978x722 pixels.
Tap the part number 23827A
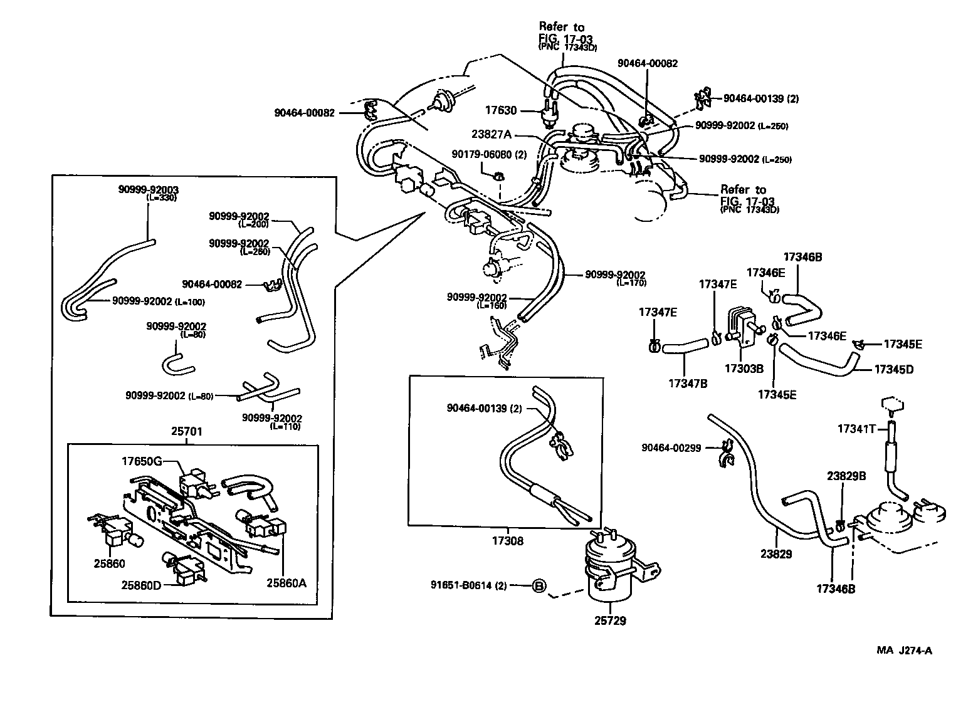pyautogui.click(x=492, y=133)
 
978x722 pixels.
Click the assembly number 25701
pyautogui.click(x=186, y=431)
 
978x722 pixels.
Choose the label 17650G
pyautogui.click(x=142, y=461)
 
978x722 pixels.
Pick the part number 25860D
pyautogui.click(x=142, y=585)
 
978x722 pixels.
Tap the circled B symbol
pyautogui.click(x=539, y=586)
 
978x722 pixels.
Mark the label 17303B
pyautogui.click(x=744, y=369)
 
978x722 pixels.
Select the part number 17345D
pyautogui.click(x=893, y=369)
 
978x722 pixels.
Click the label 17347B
pyautogui.click(x=688, y=383)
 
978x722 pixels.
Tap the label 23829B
pyautogui.click(x=846, y=476)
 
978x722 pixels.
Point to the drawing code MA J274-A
pyautogui.click(x=904, y=650)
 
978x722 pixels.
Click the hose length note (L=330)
pyautogui.click(x=162, y=197)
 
